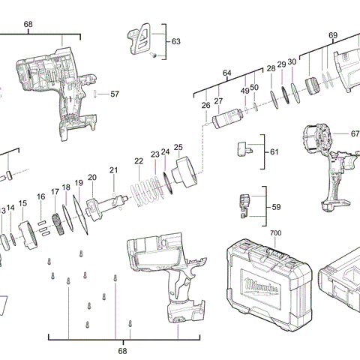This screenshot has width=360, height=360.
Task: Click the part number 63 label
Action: tap(176, 40)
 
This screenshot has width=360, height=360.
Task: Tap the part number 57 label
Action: tap(115, 94)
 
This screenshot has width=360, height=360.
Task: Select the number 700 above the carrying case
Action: tap(276, 234)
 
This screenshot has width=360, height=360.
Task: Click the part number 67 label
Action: tap(355, 134)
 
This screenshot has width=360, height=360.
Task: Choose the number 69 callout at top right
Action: tap(333, 35)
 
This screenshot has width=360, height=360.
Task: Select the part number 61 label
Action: tap(274, 152)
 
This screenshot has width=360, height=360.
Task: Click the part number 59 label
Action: tap(275, 207)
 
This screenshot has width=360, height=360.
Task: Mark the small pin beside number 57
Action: tap(98, 94)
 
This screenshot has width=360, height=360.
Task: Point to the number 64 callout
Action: tap(226, 73)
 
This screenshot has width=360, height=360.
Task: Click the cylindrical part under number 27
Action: tap(226, 118)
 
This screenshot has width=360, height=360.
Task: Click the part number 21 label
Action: tap(113, 170)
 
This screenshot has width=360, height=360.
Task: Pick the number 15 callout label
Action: tap(22, 203)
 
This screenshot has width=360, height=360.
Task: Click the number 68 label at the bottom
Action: tap(122, 350)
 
